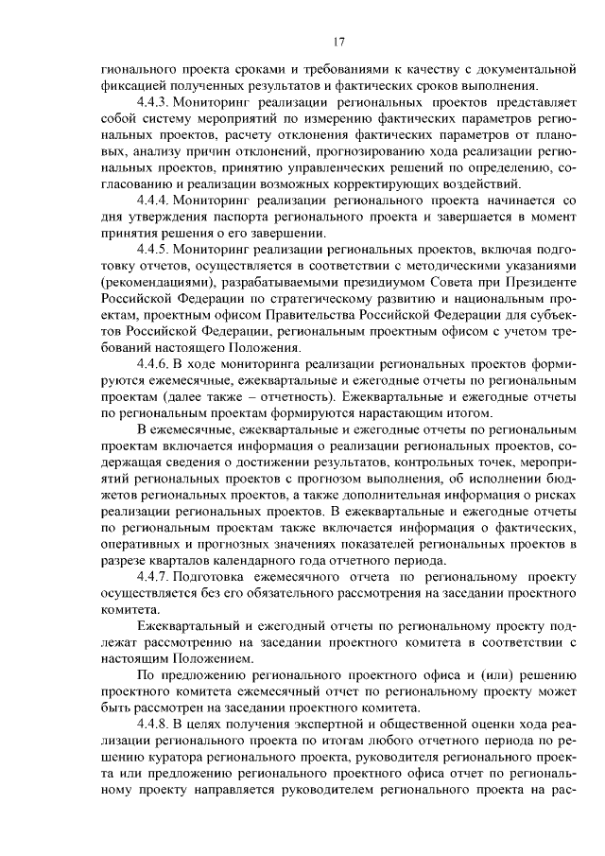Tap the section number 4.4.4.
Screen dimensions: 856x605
[153, 201]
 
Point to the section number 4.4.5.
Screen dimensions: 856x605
[153, 249]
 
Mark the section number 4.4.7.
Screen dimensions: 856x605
[153, 576]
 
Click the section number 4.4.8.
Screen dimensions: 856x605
[153, 723]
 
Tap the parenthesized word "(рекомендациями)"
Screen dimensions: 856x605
[150, 281]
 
